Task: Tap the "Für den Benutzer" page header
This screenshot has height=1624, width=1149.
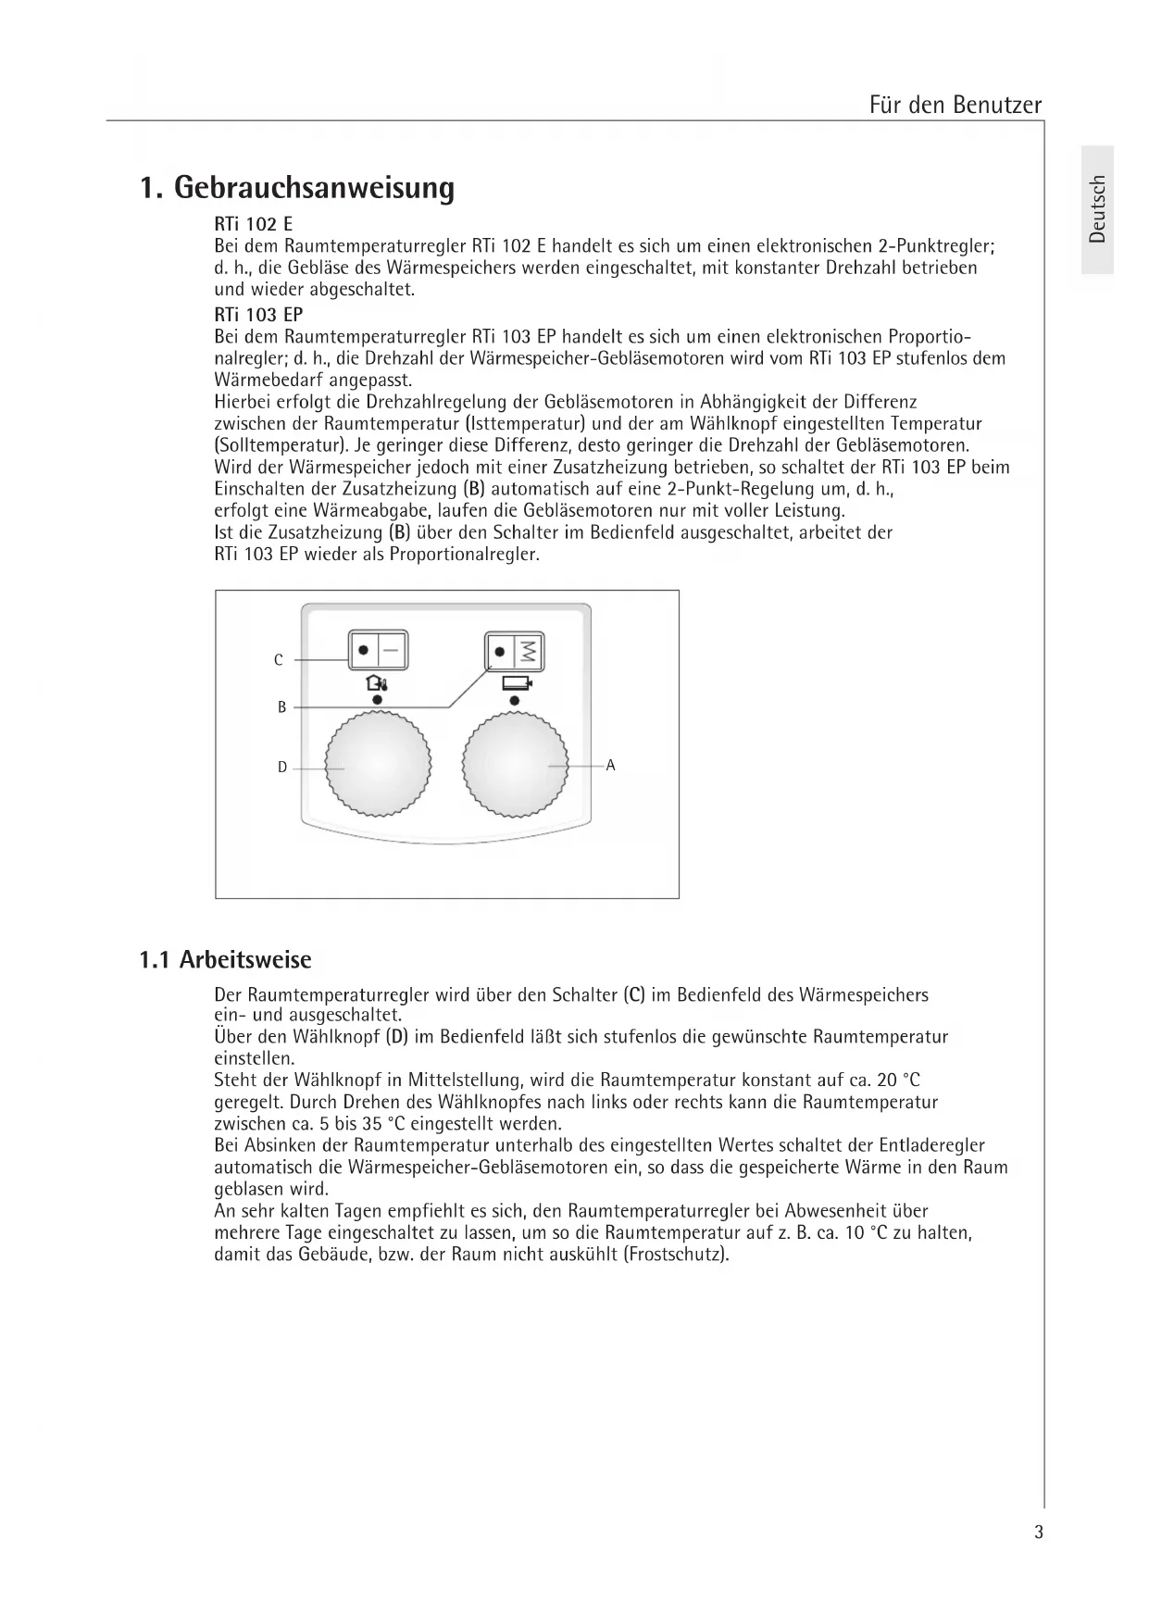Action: click(955, 105)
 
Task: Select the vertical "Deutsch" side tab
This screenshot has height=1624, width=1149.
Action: click(1097, 208)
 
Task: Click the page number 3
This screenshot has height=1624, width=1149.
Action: click(1039, 1532)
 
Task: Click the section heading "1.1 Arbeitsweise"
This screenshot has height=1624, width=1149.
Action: click(225, 959)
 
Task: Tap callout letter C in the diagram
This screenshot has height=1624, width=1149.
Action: click(278, 660)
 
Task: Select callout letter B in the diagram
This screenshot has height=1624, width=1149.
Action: click(281, 707)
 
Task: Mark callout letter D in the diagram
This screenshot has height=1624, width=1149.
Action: click(282, 767)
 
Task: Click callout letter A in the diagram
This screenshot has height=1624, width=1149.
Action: click(610, 766)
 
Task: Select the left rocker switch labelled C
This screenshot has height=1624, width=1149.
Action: click(378, 650)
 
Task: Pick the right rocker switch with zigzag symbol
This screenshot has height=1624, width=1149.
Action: click(516, 652)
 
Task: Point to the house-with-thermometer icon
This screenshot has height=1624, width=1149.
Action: click(377, 684)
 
